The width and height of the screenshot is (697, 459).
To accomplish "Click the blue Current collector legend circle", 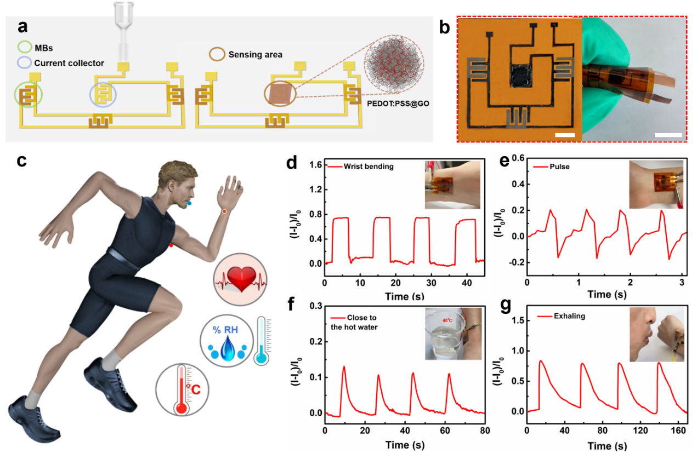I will click(25, 63).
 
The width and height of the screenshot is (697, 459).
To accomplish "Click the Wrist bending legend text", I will click(369, 167).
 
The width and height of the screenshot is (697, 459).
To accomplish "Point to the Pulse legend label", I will click(559, 167).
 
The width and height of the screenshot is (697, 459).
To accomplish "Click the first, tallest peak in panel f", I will click(344, 367).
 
